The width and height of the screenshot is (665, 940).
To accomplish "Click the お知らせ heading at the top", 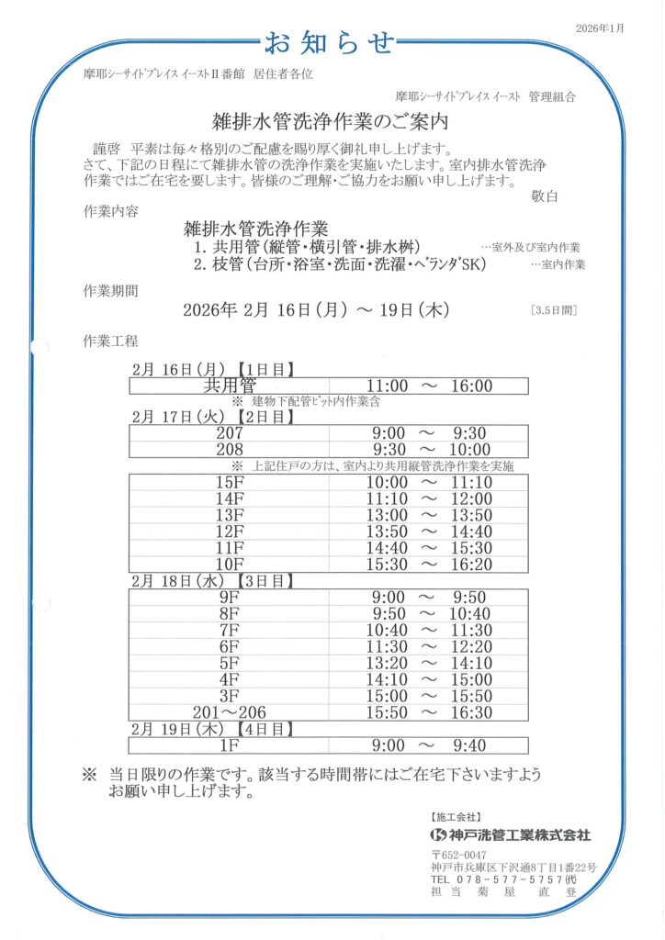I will tap(330, 41).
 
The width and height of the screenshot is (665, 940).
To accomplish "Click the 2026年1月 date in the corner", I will tap(600, 28).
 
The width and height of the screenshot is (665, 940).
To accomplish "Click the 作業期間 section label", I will tap(111, 291).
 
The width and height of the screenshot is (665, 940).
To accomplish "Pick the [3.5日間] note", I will tap(554, 310).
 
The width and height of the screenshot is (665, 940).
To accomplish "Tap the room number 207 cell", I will tap(230, 433).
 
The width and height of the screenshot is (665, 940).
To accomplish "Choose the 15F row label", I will tap(230, 483).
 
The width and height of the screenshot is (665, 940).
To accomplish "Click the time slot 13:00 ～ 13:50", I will tap(430, 515).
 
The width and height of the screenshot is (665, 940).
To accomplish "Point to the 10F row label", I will tap(230, 564).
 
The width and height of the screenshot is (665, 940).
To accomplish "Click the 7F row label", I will tap(230, 630).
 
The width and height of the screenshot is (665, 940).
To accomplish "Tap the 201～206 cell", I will tap(230, 711).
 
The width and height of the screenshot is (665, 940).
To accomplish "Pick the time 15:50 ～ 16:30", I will tap(430, 711).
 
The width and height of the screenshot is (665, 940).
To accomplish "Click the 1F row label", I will tap(230, 745).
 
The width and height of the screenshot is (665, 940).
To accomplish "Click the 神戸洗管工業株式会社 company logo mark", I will tap(438, 835).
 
